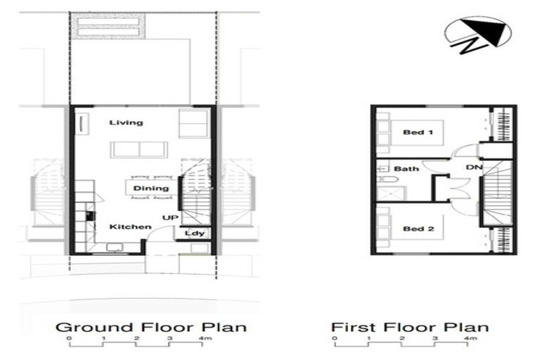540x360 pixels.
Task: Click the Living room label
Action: point(127,123)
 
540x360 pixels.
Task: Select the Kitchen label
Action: point(130,227)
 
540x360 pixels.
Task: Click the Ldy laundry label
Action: point(195,233)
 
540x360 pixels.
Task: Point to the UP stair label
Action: point(170,218)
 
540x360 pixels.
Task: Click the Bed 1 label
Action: point(418,132)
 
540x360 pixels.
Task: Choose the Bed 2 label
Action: point(418,229)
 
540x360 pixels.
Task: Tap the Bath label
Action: point(406,169)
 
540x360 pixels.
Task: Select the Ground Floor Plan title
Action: point(151,328)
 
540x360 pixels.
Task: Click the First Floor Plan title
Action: point(410,328)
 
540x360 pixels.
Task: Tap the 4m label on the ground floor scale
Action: point(205,340)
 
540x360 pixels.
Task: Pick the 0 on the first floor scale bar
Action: point(335,340)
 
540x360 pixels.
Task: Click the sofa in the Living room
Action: point(139,150)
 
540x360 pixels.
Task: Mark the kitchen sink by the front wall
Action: point(112,247)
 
